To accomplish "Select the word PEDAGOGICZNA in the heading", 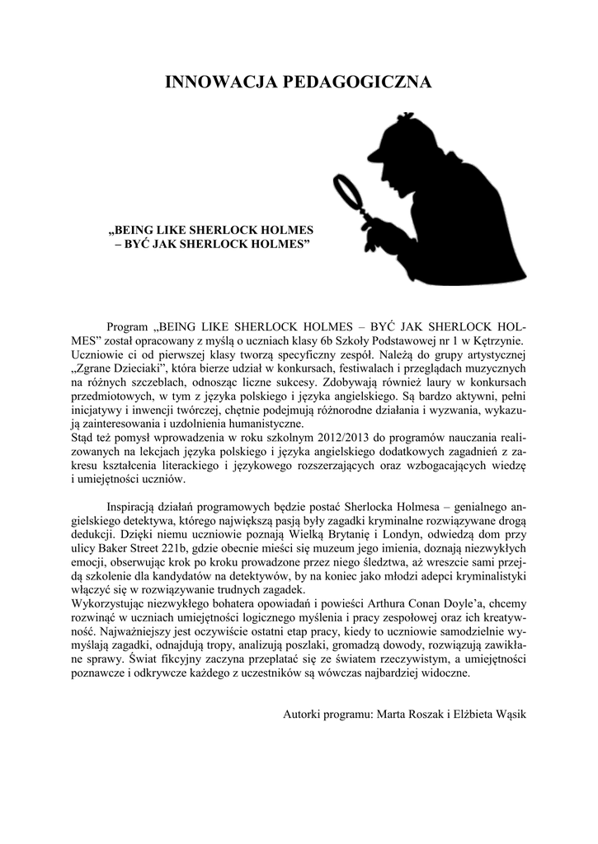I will [356, 82].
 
